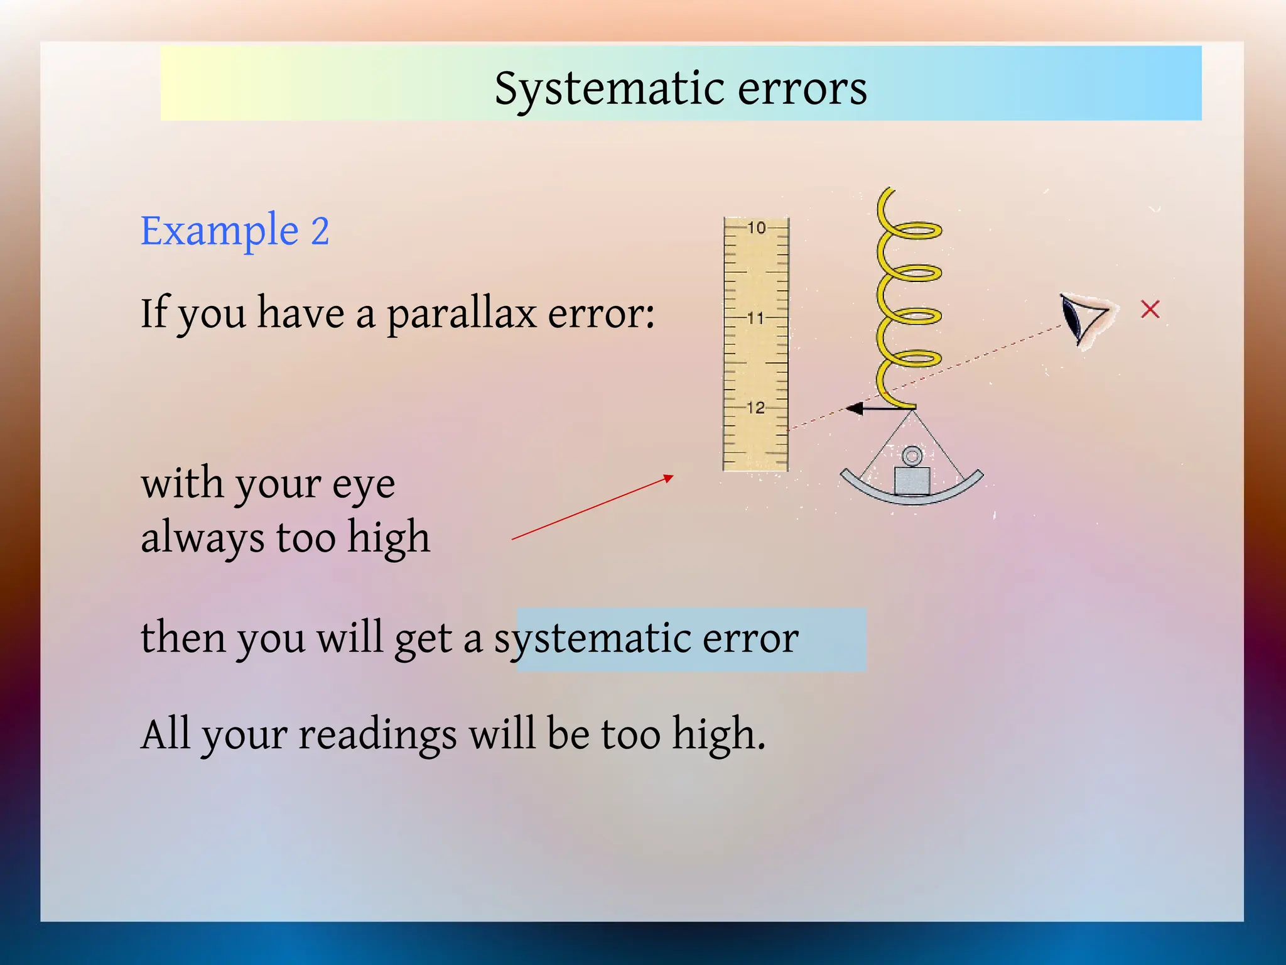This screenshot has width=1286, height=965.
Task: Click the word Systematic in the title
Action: tap(609, 89)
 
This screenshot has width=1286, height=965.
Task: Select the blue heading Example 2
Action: tap(235, 231)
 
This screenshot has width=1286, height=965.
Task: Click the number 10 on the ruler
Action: tap(757, 228)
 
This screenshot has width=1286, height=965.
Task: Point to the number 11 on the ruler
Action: tap(756, 319)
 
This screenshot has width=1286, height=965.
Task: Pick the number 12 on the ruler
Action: tap(756, 408)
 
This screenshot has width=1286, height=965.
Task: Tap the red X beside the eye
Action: tap(1150, 309)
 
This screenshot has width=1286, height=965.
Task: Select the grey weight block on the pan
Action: tap(912, 481)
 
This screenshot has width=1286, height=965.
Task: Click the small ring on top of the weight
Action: tap(912, 456)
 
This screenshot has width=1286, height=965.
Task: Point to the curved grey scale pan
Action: tap(912, 496)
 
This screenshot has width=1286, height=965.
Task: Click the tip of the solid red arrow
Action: tap(671, 477)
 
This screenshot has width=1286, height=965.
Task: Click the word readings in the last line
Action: tap(377, 734)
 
